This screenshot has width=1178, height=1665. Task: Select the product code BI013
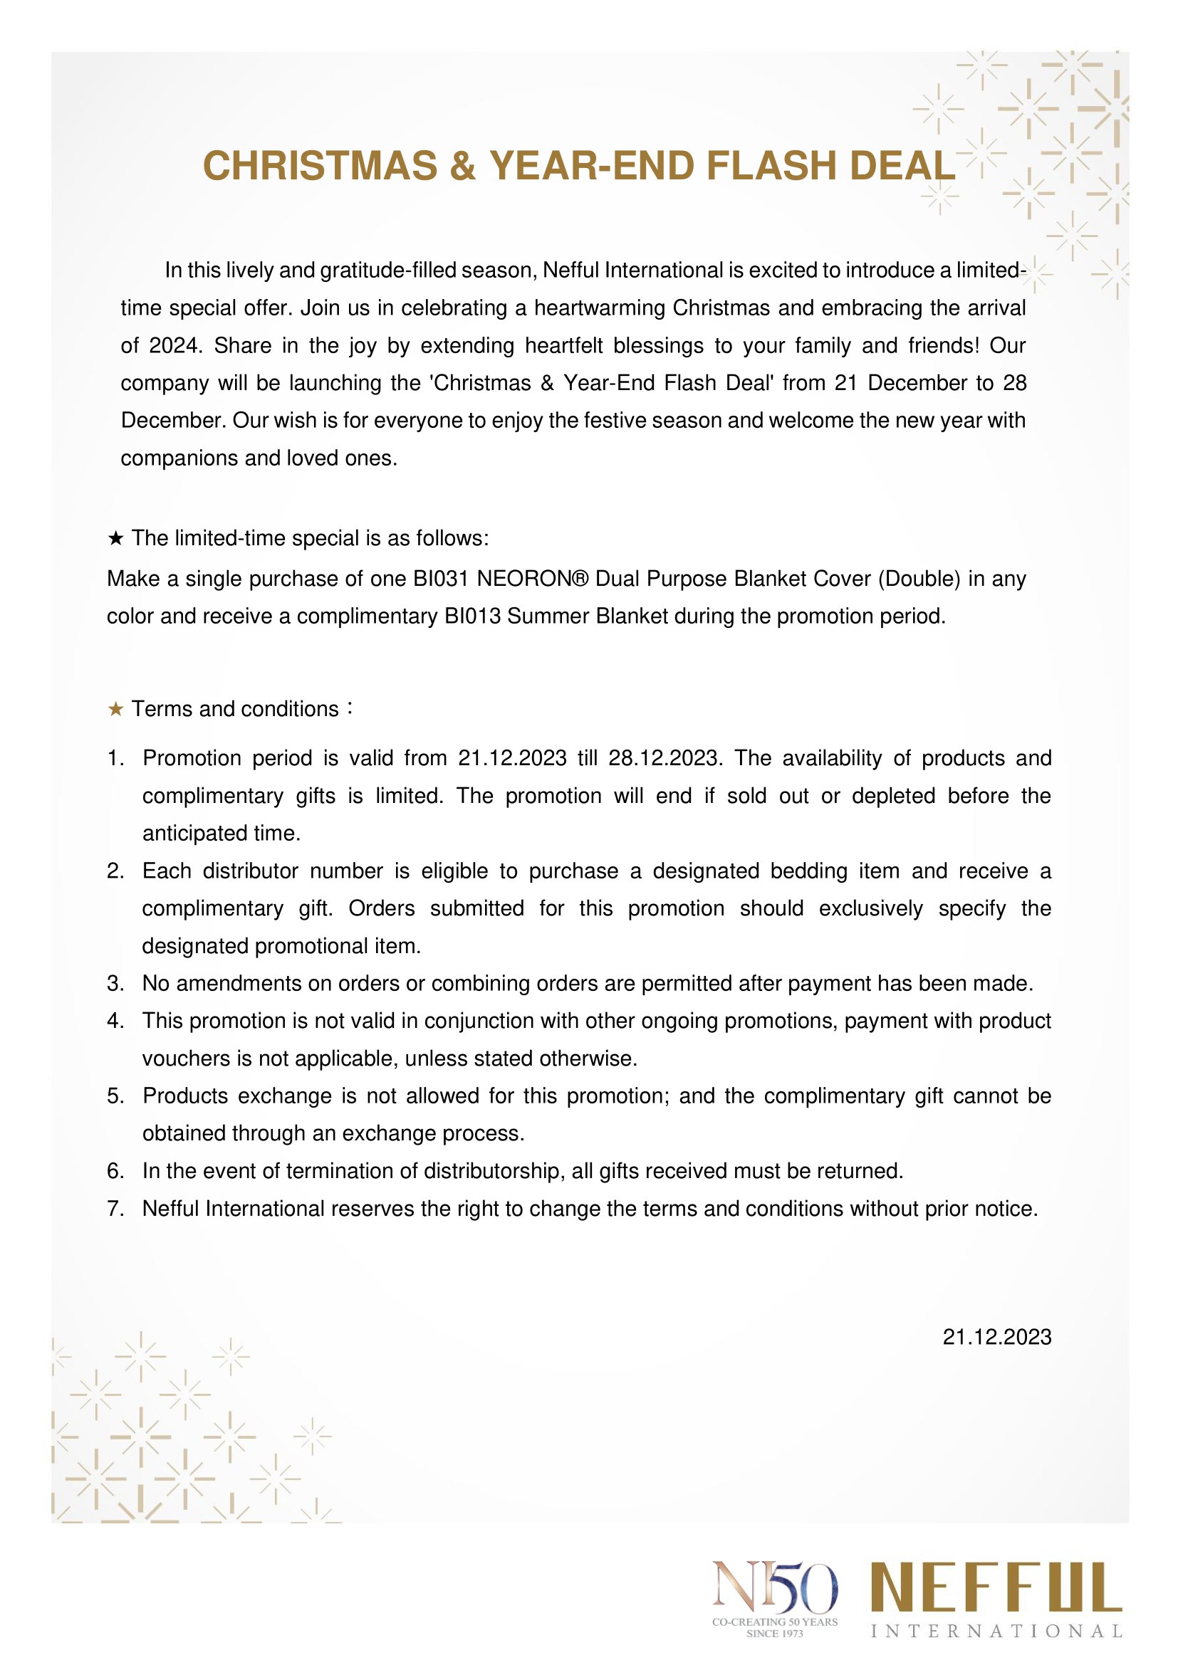click(x=471, y=616)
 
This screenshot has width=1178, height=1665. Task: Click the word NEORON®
click(x=533, y=579)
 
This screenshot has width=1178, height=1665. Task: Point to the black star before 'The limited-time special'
click(x=115, y=538)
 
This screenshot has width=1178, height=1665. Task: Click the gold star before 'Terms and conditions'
click(x=115, y=709)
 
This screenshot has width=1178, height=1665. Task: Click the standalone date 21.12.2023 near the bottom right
click(x=996, y=1338)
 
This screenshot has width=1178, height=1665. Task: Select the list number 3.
click(x=115, y=984)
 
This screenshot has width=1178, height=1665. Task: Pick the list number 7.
click(x=115, y=1209)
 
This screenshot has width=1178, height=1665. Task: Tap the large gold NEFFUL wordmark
click(x=996, y=1587)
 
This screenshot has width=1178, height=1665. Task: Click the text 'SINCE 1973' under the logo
click(x=775, y=1634)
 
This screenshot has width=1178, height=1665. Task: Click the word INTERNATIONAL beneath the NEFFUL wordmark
click(x=996, y=1632)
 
